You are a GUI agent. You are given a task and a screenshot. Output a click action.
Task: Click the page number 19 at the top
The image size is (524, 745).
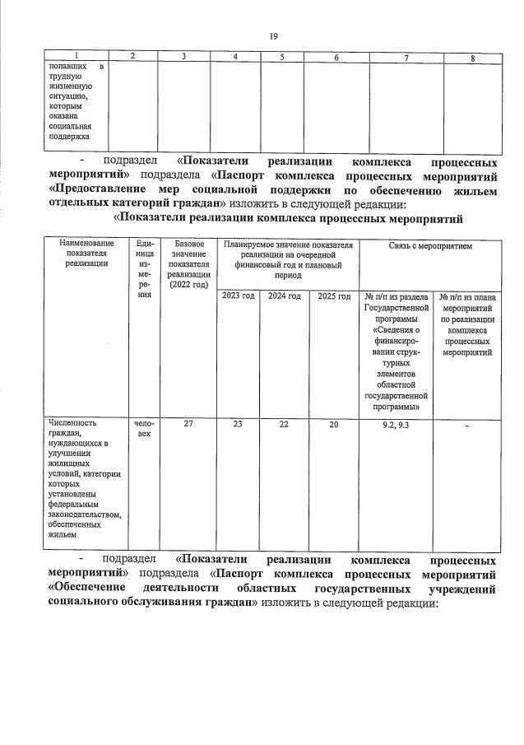point(274,36)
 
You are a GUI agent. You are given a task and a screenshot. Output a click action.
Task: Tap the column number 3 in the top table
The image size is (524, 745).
point(183,57)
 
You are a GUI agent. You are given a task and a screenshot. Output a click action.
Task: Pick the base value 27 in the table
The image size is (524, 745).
point(188,423)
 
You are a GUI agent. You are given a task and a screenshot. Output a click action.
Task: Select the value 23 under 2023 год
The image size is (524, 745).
point(239,423)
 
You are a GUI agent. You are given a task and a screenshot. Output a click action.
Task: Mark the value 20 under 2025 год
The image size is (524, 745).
point(333,423)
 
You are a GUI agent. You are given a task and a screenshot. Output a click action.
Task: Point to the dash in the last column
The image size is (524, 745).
point(466,425)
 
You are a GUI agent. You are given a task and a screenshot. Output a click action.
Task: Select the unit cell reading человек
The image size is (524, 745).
point(144,428)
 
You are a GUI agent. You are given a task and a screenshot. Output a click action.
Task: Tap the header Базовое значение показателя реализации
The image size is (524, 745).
point(188,264)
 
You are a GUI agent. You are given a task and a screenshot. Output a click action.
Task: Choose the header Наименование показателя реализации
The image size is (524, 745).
point(88,254)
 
